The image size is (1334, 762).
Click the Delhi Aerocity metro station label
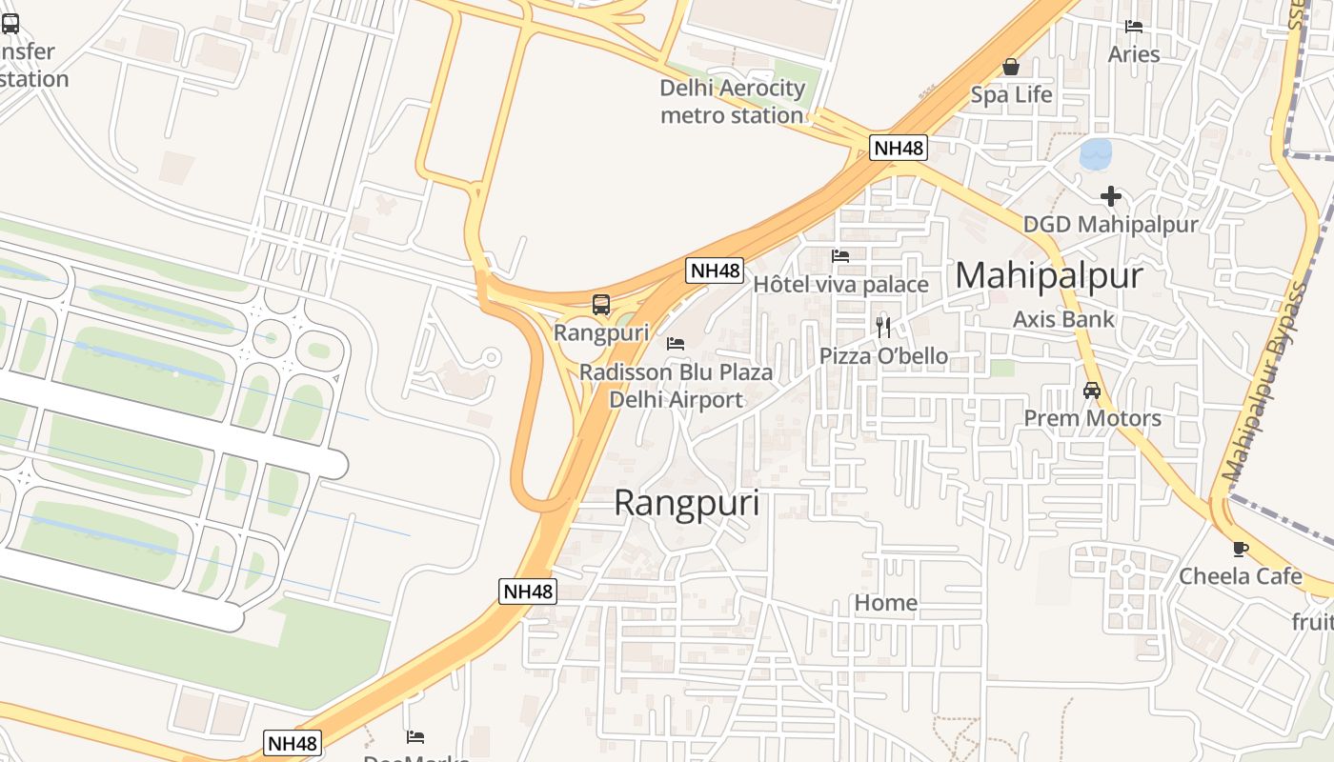click(732, 102)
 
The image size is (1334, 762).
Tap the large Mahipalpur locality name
click(1048, 275)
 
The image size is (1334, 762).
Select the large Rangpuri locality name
click(686, 503)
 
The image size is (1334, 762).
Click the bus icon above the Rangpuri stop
click(601, 305)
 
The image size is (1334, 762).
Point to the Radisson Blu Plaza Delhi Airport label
click(676, 386)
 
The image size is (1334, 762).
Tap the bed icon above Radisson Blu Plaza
click(676, 343)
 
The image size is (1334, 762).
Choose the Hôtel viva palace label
click(840, 285)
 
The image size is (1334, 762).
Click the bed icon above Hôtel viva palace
click(840, 255)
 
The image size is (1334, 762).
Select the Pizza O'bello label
click(883, 356)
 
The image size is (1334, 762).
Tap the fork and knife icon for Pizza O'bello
click(883, 328)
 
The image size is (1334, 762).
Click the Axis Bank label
click(1063, 319)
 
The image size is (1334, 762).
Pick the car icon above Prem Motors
click(1092, 391)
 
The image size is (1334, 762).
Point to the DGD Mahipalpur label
click(1110, 225)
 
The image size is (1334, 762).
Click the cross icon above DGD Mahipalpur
click(1110, 196)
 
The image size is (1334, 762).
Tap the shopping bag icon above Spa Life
click(1011, 67)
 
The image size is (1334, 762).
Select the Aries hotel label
click(1134, 54)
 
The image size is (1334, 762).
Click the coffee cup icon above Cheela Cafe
click(1240, 549)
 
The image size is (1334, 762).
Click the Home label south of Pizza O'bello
click(885, 603)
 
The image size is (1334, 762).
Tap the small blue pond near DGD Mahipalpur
click(1096, 153)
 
